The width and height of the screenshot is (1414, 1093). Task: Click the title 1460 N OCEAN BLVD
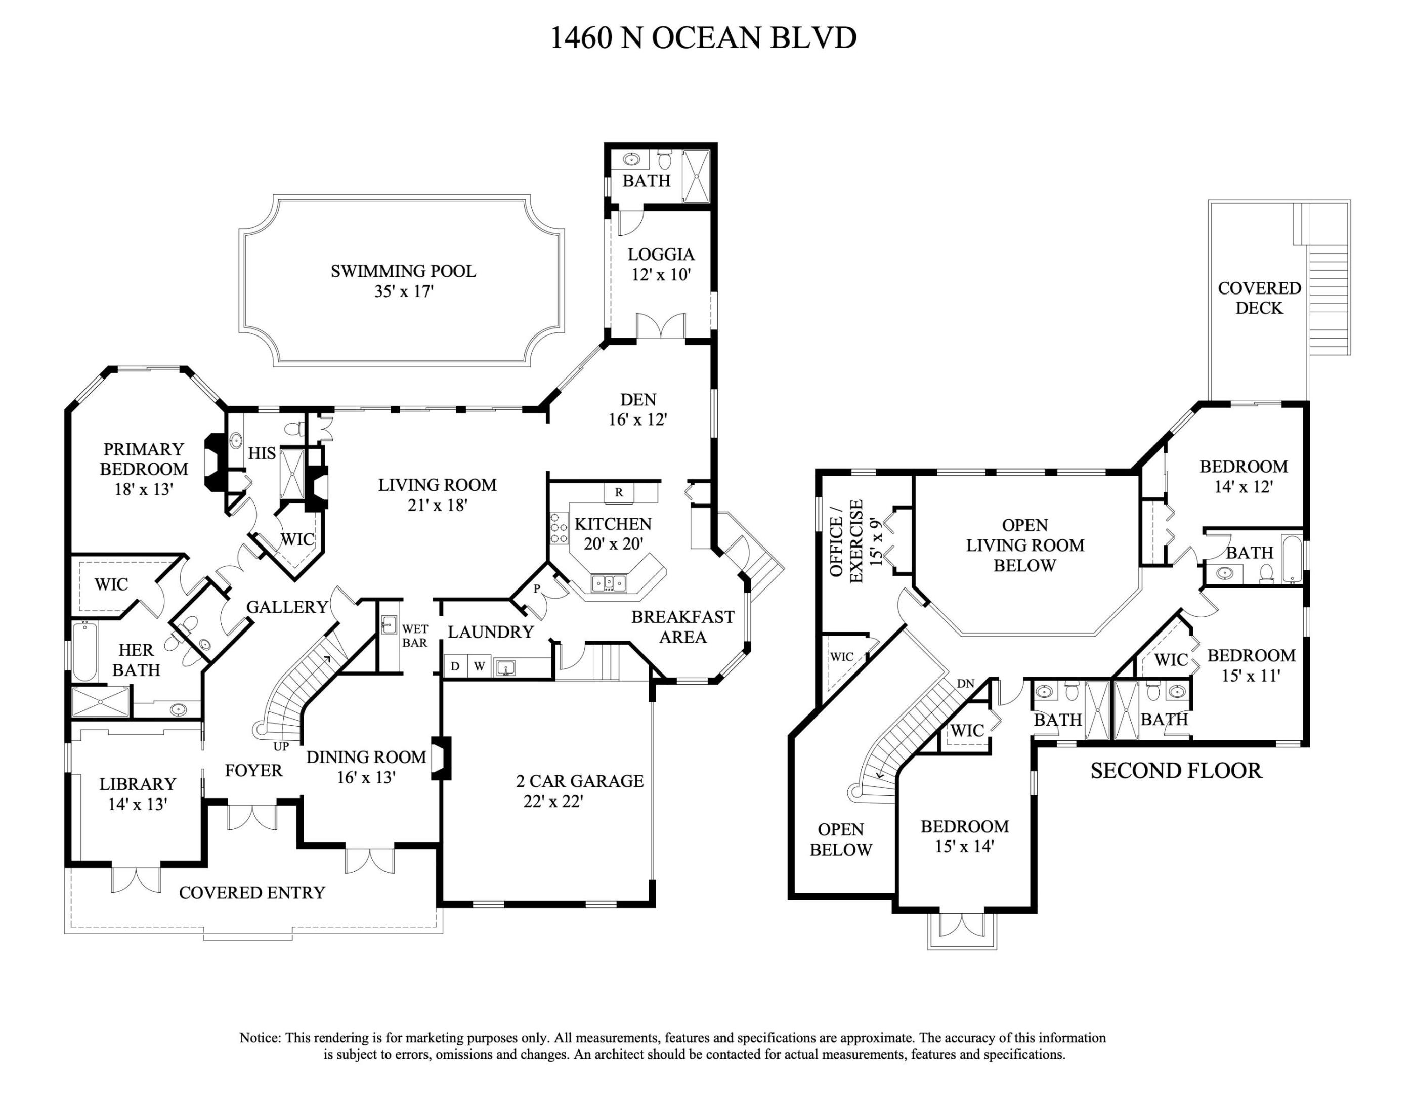tap(703, 37)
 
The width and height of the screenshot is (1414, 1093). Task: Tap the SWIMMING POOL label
tap(403, 271)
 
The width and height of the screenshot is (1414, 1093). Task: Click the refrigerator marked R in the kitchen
tap(619, 492)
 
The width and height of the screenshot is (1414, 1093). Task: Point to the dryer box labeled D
tap(455, 666)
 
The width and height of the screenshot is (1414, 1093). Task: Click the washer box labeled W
tap(479, 666)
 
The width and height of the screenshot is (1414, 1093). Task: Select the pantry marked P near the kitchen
tap(537, 589)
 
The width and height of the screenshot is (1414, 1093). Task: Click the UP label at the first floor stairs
tap(281, 746)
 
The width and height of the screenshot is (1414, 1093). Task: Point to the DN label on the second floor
tap(965, 683)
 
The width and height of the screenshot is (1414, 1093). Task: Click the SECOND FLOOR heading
tap(1176, 771)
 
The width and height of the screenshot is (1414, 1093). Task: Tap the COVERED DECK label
tap(1259, 298)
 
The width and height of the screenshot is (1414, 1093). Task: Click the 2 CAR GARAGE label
tap(579, 781)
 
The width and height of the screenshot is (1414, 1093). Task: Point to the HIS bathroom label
tap(262, 453)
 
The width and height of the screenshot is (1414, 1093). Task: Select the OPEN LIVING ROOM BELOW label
tap(1025, 545)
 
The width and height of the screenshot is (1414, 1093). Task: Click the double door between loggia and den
tap(660, 326)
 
